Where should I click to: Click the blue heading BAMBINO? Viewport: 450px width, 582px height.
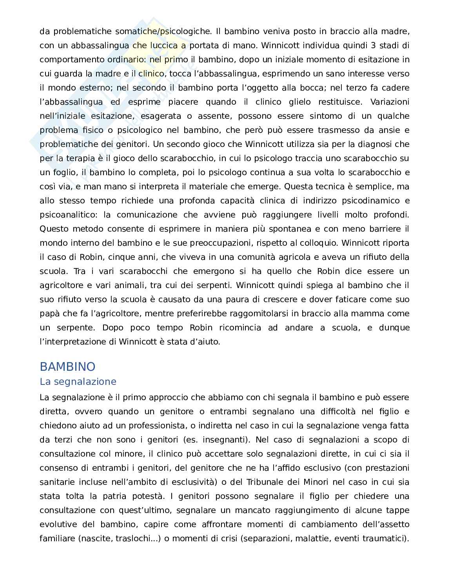(x=67, y=367)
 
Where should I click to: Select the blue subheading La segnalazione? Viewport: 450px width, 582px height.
(x=78, y=382)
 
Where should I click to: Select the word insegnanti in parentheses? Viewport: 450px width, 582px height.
(x=222, y=440)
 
